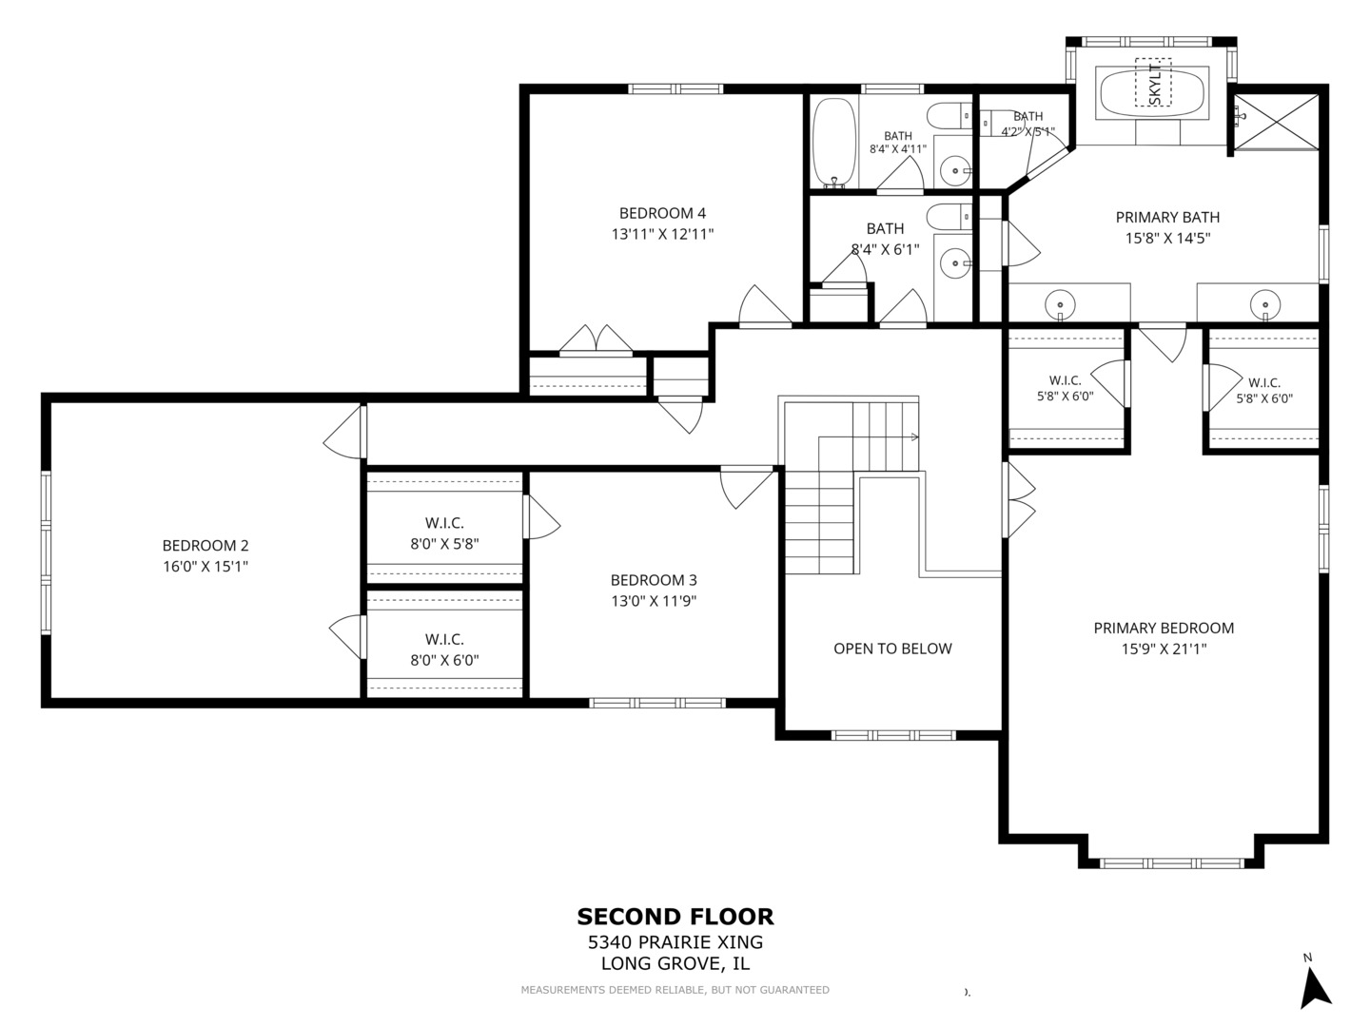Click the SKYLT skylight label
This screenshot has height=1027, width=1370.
pos(1153,83)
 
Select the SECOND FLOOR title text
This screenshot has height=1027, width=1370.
pos(675,917)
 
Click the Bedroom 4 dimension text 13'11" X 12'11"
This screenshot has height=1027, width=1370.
pos(662,234)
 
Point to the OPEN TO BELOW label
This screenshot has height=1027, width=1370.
pos(892,649)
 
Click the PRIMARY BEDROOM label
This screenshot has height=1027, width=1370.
pos(1164,628)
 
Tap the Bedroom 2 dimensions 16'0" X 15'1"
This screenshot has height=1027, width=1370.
pos(205,566)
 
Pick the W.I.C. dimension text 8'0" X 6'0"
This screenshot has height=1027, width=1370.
pos(444,660)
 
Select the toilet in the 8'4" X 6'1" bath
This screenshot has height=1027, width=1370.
pos(949,217)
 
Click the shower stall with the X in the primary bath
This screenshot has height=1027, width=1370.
pos(1277,123)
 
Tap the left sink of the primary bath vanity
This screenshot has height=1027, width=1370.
pos(1060,304)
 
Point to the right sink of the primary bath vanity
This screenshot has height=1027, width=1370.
pos(1265,305)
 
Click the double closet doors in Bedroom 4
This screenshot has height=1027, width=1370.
pos(597,340)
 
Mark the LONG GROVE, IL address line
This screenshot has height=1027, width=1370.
pos(675,963)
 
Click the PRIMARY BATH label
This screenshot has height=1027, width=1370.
pos(1167,217)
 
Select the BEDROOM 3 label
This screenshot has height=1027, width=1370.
pos(654,580)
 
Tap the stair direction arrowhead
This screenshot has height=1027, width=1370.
pos(915,437)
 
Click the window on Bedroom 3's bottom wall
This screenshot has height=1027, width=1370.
pos(657,704)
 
